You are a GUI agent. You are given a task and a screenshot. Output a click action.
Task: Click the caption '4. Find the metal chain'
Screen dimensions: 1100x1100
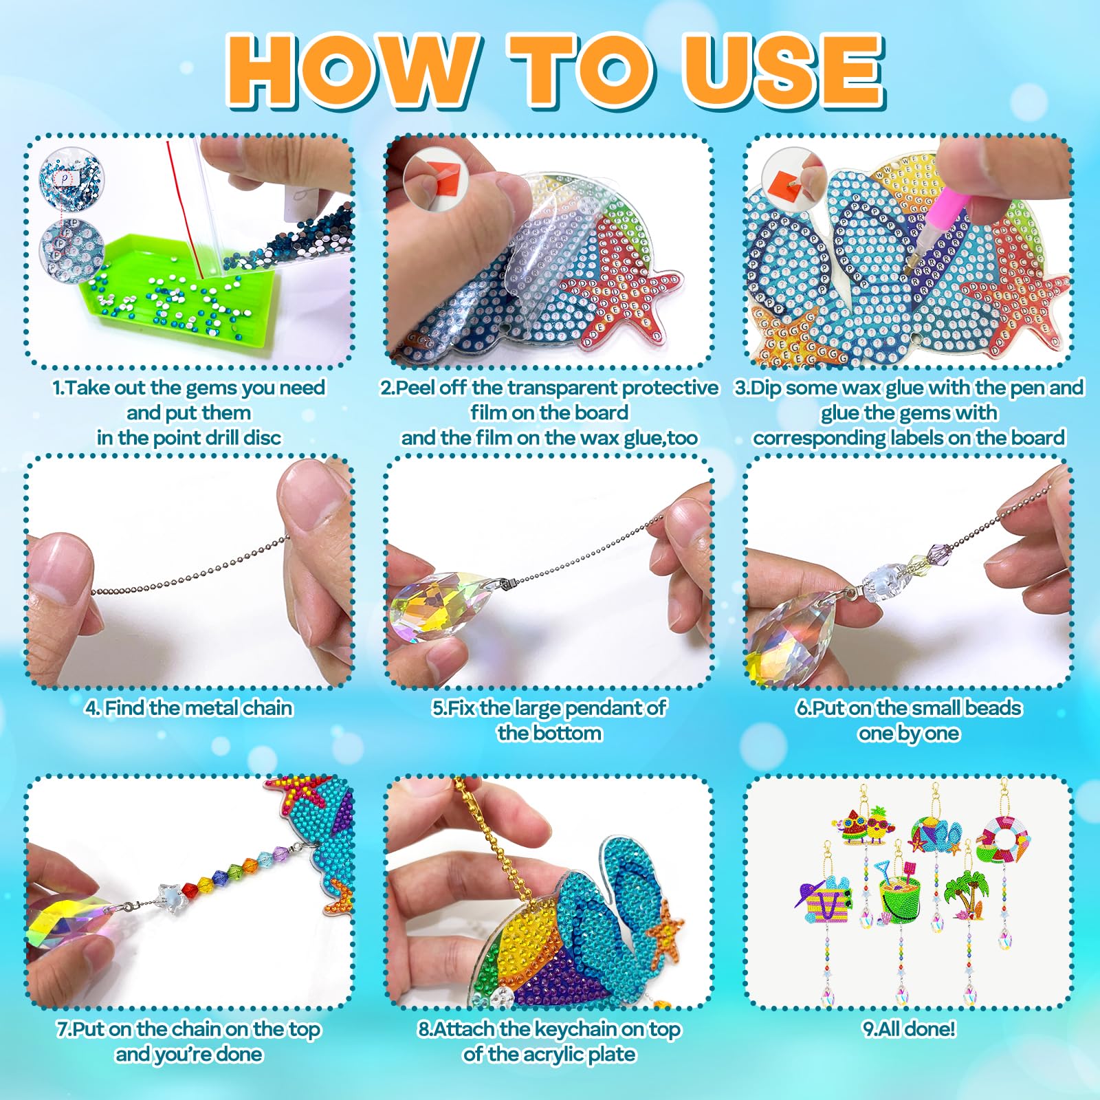tap(189, 708)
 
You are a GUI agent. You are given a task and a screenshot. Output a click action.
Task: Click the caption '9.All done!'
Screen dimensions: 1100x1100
tap(909, 1029)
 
